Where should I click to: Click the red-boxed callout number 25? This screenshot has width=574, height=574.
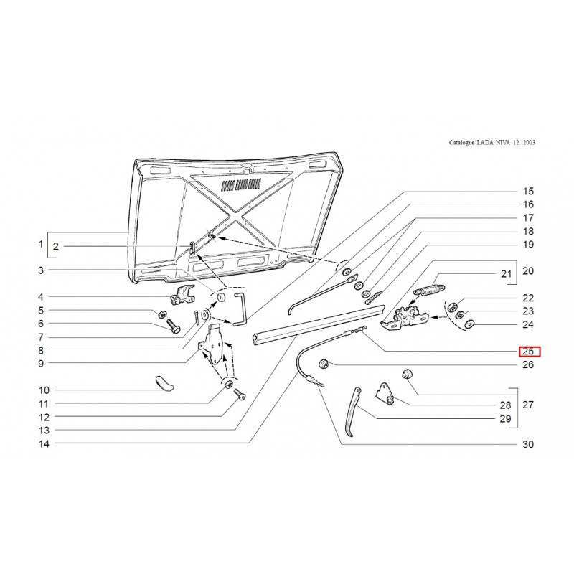[528, 351]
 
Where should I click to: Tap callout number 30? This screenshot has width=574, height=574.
[528, 445]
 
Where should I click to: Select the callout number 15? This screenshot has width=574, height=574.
[528, 192]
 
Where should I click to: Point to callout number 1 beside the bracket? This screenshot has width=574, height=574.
[41, 246]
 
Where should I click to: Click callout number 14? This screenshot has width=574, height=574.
[44, 445]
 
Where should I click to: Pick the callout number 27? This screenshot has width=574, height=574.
[528, 405]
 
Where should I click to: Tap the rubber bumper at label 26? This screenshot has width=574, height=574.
[323, 362]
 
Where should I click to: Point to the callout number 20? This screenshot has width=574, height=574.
[528, 271]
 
